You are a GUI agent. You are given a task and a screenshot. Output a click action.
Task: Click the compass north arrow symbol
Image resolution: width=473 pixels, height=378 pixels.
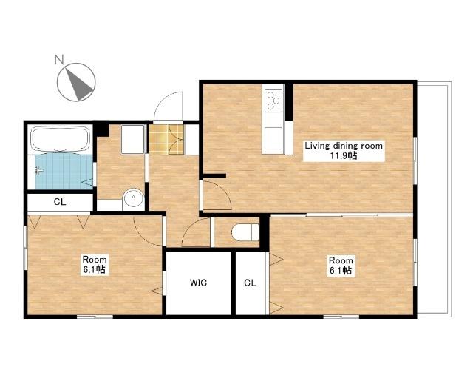click(77, 82)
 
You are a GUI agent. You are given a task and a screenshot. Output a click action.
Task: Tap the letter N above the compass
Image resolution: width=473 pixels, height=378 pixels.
click(59, 59)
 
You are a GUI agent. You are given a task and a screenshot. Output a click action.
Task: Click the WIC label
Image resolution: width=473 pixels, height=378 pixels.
click(199, 283)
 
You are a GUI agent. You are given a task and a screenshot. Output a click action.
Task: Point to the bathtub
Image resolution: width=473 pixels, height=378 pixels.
click(61, 139)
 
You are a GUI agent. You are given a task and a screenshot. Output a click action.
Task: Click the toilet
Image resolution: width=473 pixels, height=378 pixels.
click(245, 232)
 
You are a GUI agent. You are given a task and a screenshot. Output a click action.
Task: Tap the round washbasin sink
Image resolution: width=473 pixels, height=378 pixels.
click(133, 199)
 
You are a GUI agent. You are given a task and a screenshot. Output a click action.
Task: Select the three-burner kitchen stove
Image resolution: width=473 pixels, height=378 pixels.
click(273, 100)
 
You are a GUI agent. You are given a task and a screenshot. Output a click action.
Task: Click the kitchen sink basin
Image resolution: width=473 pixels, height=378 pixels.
click(273, 139)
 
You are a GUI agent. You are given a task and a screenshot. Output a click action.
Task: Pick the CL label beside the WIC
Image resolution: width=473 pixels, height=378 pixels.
click(250, 283)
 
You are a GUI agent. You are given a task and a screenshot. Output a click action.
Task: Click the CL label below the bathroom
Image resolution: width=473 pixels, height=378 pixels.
click(60, 202)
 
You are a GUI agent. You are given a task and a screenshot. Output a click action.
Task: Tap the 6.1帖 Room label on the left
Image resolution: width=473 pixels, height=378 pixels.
click(95, 265)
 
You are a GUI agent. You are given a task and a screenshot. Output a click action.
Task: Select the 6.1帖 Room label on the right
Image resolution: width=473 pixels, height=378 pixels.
click(341, 266)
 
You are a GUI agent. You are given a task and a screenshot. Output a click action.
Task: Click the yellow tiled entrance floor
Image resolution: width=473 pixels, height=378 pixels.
click(166, 139)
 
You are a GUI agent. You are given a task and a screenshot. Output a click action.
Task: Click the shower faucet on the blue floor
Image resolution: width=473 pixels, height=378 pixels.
click(39, 171)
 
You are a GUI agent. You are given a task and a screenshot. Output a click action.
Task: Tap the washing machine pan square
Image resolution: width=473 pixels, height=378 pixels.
click(132, 140)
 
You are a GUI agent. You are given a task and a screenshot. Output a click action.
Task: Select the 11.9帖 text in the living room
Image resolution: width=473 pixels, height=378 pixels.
click(344, 156)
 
